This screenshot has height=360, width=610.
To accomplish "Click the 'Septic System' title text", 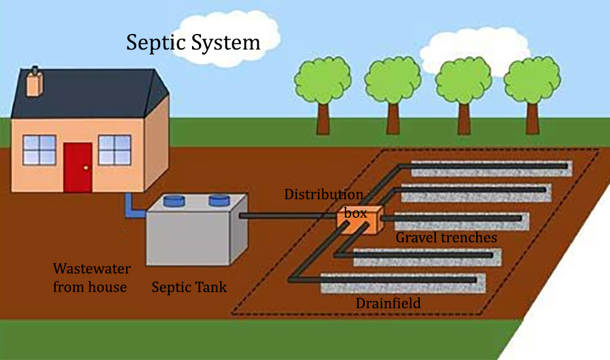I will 193,43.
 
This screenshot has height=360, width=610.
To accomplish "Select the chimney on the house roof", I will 35,81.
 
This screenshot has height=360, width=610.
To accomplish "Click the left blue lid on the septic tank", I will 173,200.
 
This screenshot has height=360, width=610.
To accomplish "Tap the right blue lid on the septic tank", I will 220,200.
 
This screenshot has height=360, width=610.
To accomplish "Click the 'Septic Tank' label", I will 189,287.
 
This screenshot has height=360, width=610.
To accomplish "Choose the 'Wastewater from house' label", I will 90,277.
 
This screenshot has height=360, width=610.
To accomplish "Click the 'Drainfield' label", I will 388,303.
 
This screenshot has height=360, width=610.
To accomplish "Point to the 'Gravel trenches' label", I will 446,238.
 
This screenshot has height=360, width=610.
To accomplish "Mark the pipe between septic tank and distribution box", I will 288,217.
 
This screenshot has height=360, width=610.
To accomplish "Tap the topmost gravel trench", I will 493,171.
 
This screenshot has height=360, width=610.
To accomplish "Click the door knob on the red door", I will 86,168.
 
